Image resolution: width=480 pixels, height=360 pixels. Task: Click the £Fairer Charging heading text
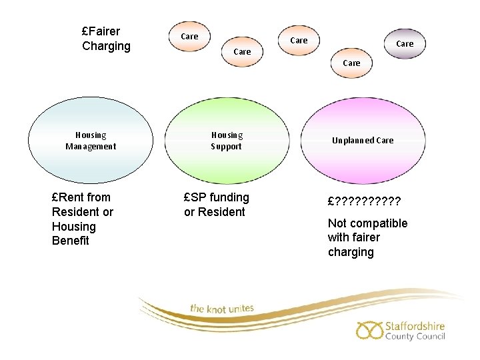[x=106, y=39]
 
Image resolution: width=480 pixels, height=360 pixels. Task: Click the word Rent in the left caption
[x=71, y=197]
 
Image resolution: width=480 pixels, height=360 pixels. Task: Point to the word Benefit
[x=70, y=241]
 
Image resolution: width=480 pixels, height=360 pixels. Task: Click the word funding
[x=229, y=197]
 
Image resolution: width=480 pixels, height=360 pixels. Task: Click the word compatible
[x=379, y=223]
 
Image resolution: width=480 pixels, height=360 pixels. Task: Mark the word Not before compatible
[x=337, y=223]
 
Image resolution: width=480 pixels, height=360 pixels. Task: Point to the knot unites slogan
[x=222, y=308]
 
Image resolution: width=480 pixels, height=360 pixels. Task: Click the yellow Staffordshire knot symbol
[x=369, y=329]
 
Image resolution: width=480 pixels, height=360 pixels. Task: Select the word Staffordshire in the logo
[x=415, y=326]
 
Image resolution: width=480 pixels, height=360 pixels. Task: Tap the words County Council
[x=415, y=337]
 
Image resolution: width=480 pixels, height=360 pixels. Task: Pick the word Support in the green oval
[x=227, y=146]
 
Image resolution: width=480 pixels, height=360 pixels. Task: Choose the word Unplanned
[x=353, y=141]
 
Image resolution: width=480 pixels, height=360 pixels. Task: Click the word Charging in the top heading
[x=106, y=46]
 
